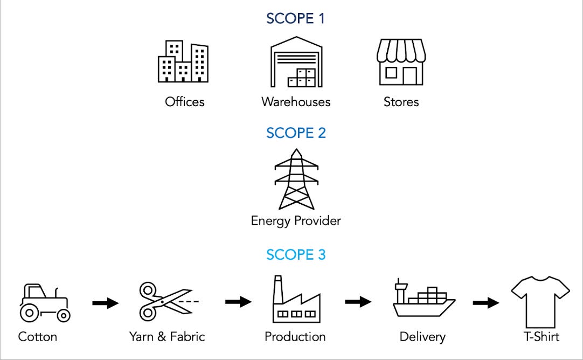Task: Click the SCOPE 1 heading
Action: coord(296,18)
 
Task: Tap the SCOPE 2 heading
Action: coord(296,133)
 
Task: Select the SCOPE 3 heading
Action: coord(296,254)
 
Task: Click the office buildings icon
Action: coord(183,61)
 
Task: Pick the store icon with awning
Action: coord(401,62)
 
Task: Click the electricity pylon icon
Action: coord(296,179)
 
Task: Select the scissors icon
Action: coord(167,302)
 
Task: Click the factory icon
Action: coord(296,300)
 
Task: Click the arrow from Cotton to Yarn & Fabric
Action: coord(105,303)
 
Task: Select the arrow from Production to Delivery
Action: coord(358,302)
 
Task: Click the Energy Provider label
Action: coord(296,221)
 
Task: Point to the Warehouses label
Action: coord(296,102)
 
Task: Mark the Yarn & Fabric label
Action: coord(167,337)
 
